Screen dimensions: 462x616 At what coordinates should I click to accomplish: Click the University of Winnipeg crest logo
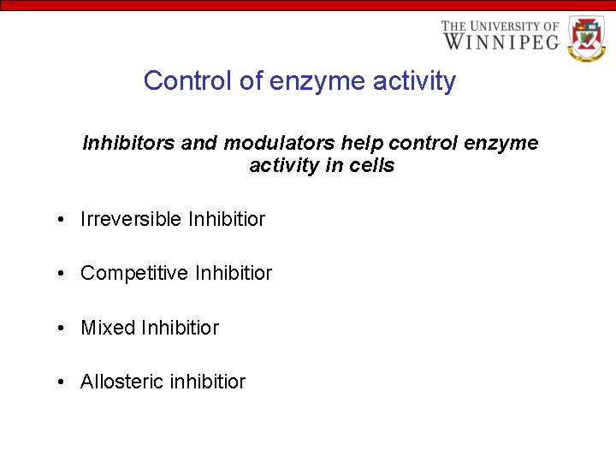click(x=585, y=38)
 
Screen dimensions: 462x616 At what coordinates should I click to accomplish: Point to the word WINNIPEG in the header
click(x=500, y=41)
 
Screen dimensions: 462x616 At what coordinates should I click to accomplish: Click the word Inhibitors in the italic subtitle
click(x=129, y=143)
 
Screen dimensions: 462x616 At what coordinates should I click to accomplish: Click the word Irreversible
click(x=131, y=219)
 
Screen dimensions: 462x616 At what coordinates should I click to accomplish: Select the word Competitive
click(x=134, y=274)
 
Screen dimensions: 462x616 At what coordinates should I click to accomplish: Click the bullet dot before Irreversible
click(x=64, y=220)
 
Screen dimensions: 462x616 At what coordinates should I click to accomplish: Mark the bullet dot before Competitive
click(x=64, y=275)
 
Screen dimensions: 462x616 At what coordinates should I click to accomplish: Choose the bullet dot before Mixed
click(x=64, y=329)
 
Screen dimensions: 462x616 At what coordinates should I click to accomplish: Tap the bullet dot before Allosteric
click(x=64, y=382)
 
